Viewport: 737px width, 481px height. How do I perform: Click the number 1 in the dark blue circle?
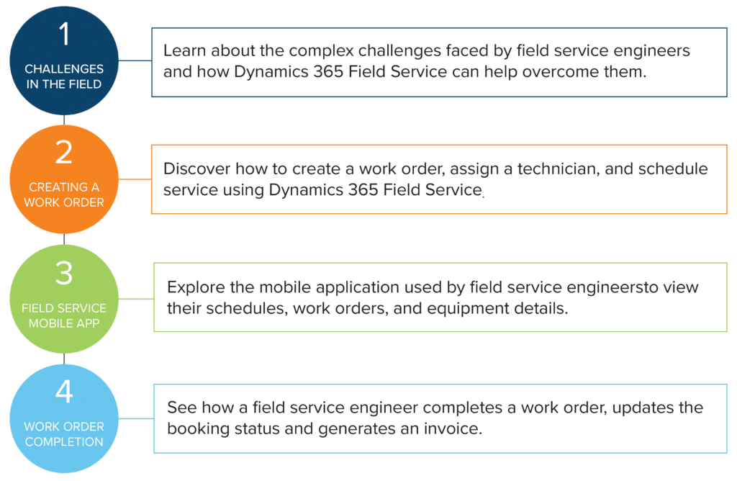tap(64, 34)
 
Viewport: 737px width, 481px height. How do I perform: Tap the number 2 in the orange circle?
tap(64, 152)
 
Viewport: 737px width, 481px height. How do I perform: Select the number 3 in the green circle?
tap(64, 273)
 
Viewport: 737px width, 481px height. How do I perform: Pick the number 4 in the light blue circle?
tap(64, 391)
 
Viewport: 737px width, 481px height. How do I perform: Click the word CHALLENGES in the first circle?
tap(64, 69)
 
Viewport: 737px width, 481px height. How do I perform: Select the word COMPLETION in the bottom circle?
tap(64, 442)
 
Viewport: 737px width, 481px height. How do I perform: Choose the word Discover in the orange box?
tap(196, 168)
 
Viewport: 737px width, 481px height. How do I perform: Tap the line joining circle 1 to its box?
tap(135, 60)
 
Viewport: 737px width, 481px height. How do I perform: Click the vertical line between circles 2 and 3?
tap(64, 239)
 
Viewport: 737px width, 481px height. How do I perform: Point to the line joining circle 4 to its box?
tap(136, 418)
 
